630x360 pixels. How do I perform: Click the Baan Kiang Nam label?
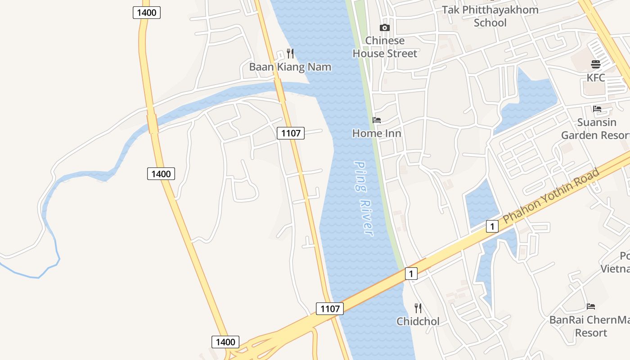pyautogui.click(x=290, y=67)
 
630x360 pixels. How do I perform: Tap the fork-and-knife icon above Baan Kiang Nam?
pyautogui.click(x=290, y=54)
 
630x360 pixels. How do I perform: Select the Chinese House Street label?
pyautogui.click(x=385, y=47)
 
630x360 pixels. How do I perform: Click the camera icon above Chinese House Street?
pyautogui.click(x=385, y=28)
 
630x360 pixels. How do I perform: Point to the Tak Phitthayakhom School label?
pyautogui.click(x=490, y=16)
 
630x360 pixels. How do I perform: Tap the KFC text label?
pyautogui.click(x=596, y=78)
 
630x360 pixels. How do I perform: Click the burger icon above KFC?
pyautogui.click(x=596, y=64)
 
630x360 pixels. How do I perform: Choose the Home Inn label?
pyautogui.click(x=377, y=133)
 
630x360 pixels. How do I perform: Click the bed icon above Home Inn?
pyautogui.click(x=377, y=120)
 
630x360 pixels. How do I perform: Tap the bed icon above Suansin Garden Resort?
pyautogui.click(x=597, y=109)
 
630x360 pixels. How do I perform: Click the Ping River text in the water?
pyautogui.click(x=364, y=198)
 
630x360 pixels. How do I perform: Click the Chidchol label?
pyautogui.click(x=418, y=321)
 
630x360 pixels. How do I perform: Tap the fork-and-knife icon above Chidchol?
pyautogui.click(x=418, y=308)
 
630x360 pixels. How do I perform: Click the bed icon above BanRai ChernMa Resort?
pyautogui.click(x=591, y=306)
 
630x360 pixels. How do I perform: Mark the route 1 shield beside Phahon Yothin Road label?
pyautogui.click(x=492, y=226)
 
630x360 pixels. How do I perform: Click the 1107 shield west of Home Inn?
pyautogui.click(x=291, y=133)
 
